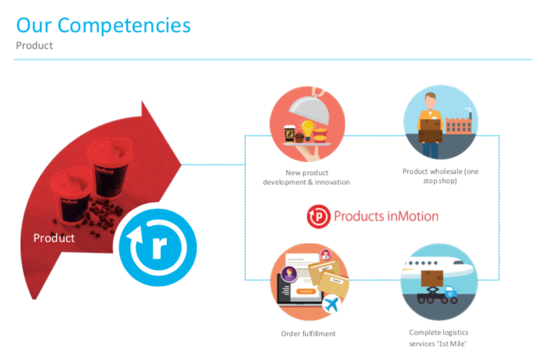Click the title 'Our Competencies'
click(x=104, y=25)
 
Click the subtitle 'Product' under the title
click(x=34, y=45)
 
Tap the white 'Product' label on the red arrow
click(x=54, y=238)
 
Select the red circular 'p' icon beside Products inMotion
click(x=319, y=216)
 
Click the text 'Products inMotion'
click(x=386, y=216)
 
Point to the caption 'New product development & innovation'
click(x=307, y=177)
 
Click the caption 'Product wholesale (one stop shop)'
click(x=440, y=176)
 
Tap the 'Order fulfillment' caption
click(x=308, y=333)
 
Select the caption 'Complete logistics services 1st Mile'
click(x=439, y=337)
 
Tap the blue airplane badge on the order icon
click(x=330, y=305)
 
